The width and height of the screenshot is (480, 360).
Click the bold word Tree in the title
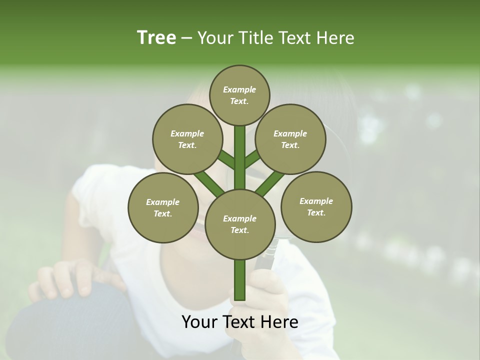pyautogui.click(x=156, y=38)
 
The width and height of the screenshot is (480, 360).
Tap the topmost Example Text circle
pyautogui.click(x=239, y=95)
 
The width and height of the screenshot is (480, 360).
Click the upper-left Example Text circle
pyautogui.click(x=187, y=139)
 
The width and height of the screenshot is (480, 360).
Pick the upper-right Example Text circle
pyautogui.click(x=290, y=139)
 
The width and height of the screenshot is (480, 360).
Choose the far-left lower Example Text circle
pyautogui.click(x=163, y=207)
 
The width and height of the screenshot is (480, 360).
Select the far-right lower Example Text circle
pyautogui.click(x=316, y=206)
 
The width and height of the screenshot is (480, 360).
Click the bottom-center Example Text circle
pyautogui.click(x=239, y=224)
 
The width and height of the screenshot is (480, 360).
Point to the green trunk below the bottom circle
pyautogui.click(x=239, y=280)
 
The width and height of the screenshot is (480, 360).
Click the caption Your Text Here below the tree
pyautogui.click(x=239, y=322)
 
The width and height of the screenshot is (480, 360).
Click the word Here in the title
pyautogui.click(x=337, y=38)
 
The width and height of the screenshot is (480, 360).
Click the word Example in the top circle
pyautogui.click(x=239, y=89)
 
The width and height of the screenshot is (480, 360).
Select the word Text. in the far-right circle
pyautogui.click(x=316, y=212)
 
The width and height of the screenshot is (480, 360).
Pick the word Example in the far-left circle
pyautogui.click(x=163, y=202)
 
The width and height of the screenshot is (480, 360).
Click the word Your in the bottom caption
pyautogui.click(x=199, y=322)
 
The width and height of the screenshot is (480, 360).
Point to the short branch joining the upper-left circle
pyautogui.click(x=226, y=160)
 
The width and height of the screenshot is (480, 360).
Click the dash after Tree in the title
pyautogui.click(x=186, y=38)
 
